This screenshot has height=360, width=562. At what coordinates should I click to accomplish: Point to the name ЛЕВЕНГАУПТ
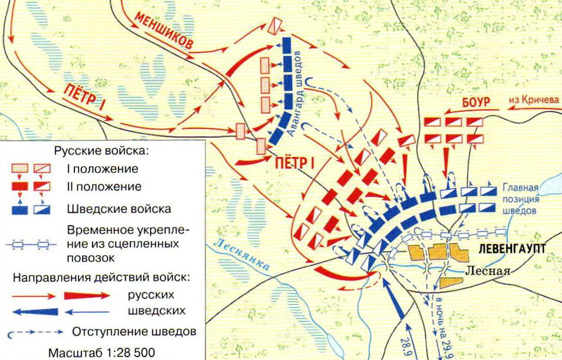(513, 248)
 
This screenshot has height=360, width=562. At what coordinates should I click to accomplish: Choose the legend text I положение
(102, 169)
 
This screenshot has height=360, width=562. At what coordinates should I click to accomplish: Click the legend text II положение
(104, 187)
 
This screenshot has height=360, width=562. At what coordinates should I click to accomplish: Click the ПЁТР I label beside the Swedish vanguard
(294, 162)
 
